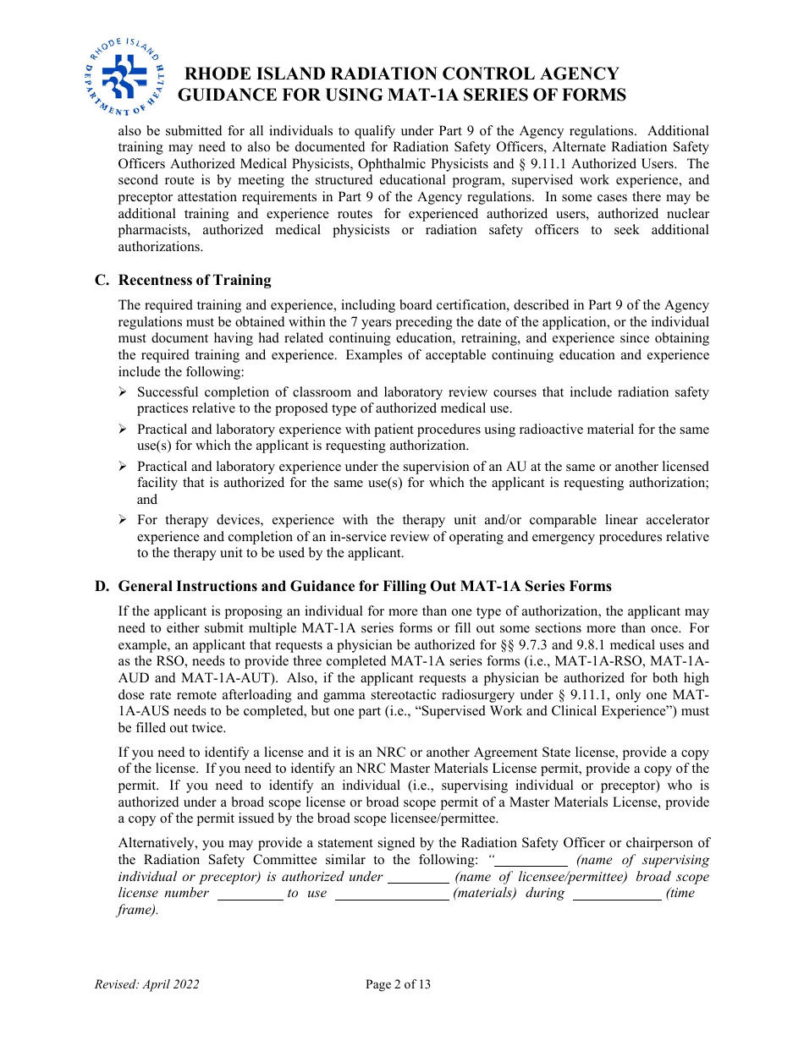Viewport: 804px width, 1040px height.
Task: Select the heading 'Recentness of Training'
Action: click(195, 280)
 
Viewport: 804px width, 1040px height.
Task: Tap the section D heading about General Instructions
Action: click(365, 586)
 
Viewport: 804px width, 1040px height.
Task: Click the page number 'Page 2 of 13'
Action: click(398, 983)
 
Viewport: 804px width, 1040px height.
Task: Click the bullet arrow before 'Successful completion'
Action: click(123, 392)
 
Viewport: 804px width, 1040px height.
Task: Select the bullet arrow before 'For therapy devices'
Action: click(123, 520)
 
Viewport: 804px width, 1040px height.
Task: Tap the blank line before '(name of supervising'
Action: click(531, 860)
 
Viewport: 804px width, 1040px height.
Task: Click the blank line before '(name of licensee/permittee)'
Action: click(418, 877)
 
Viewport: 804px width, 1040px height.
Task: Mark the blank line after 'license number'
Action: click(250, 893)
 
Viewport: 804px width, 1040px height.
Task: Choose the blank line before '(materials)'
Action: click(392, 893)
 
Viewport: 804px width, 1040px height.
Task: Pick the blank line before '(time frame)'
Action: click(617, 893)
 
